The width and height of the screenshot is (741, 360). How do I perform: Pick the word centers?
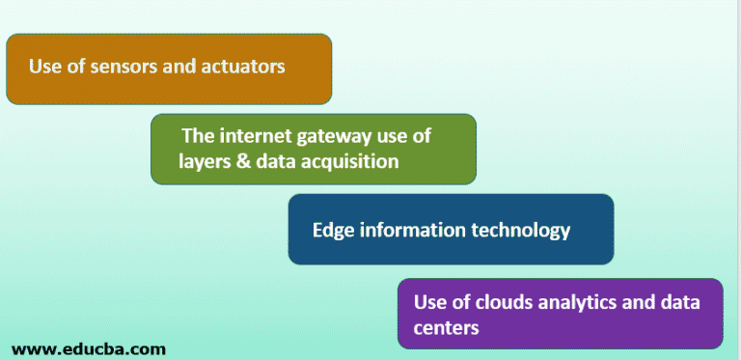pos(446,328)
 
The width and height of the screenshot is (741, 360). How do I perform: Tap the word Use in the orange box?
pos(44,67)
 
